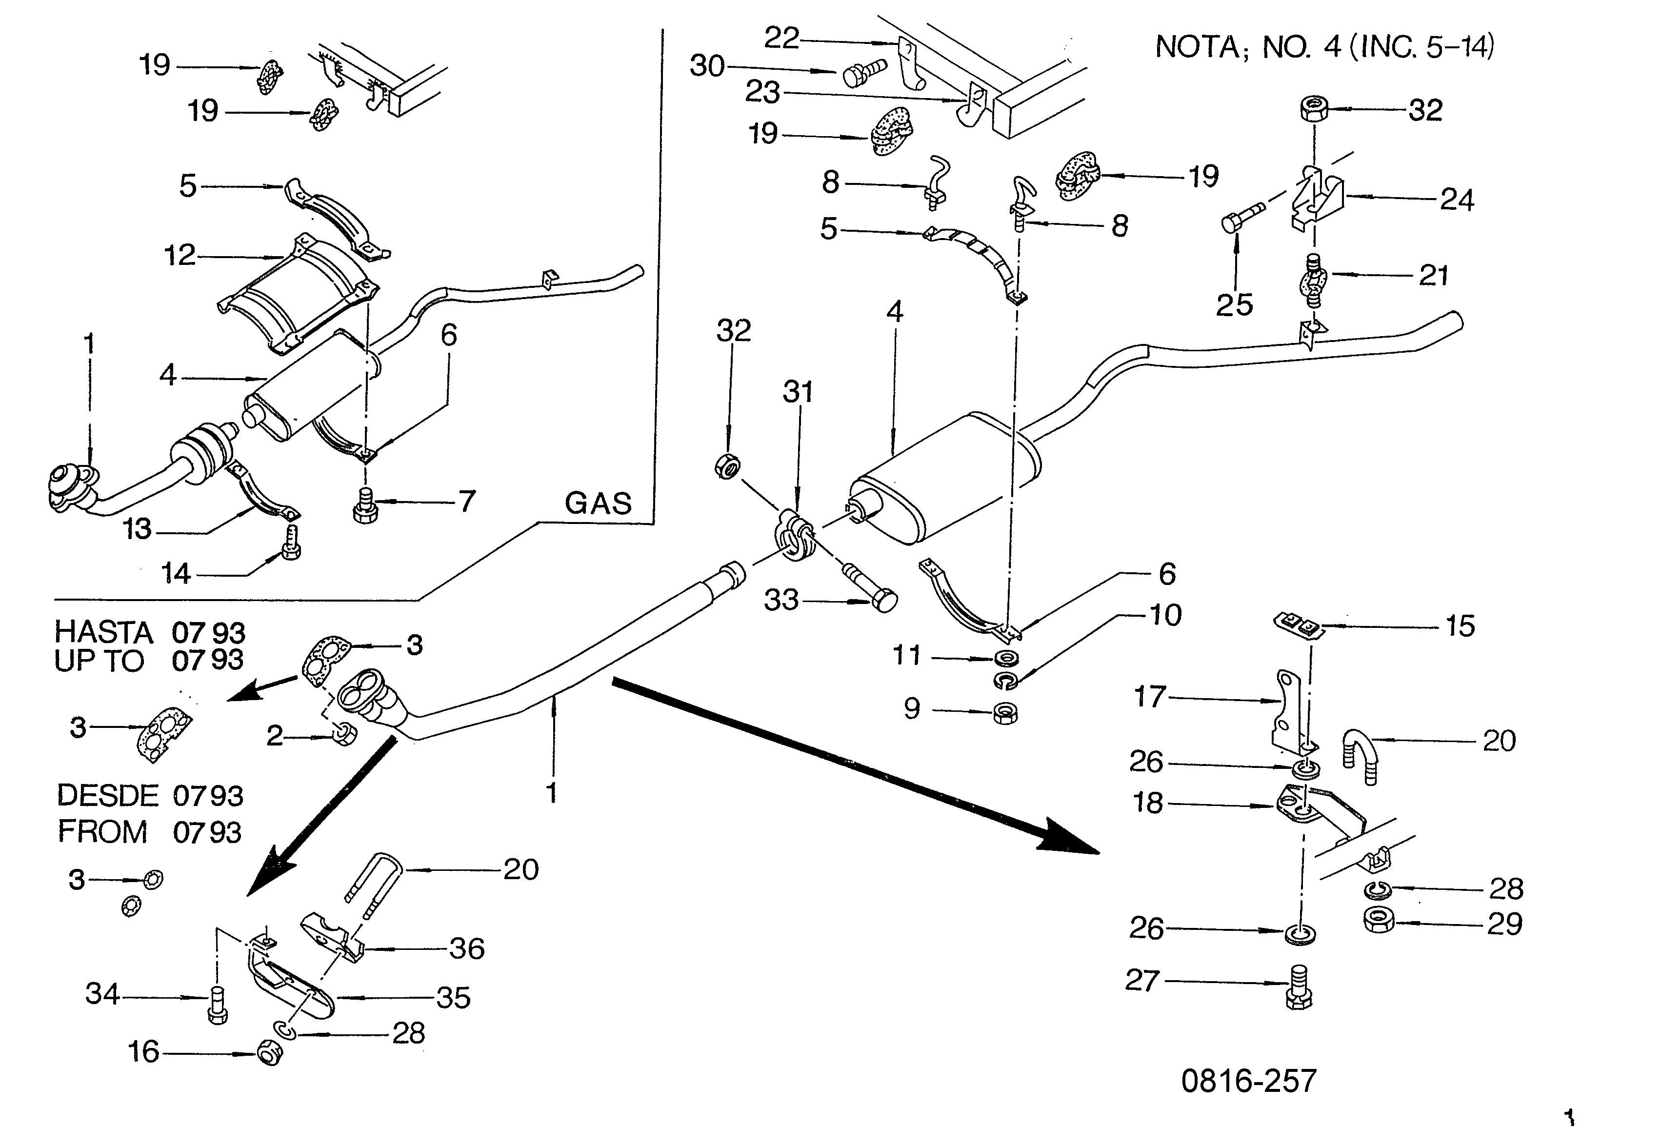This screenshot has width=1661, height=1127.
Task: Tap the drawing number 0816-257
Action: tap(1249, 1081)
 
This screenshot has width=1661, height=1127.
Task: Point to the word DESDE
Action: tap(107, 795)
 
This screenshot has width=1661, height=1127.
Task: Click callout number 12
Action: tap(180, 255)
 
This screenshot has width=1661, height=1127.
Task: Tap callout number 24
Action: tap(1457, 200)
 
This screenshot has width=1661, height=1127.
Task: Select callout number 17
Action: tap(1150, 697)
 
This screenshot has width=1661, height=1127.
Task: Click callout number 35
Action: tap(454, 998)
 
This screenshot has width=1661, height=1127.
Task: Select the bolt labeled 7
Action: tap(365, 507)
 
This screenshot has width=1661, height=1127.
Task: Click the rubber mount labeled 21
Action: tap(1312, 280)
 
